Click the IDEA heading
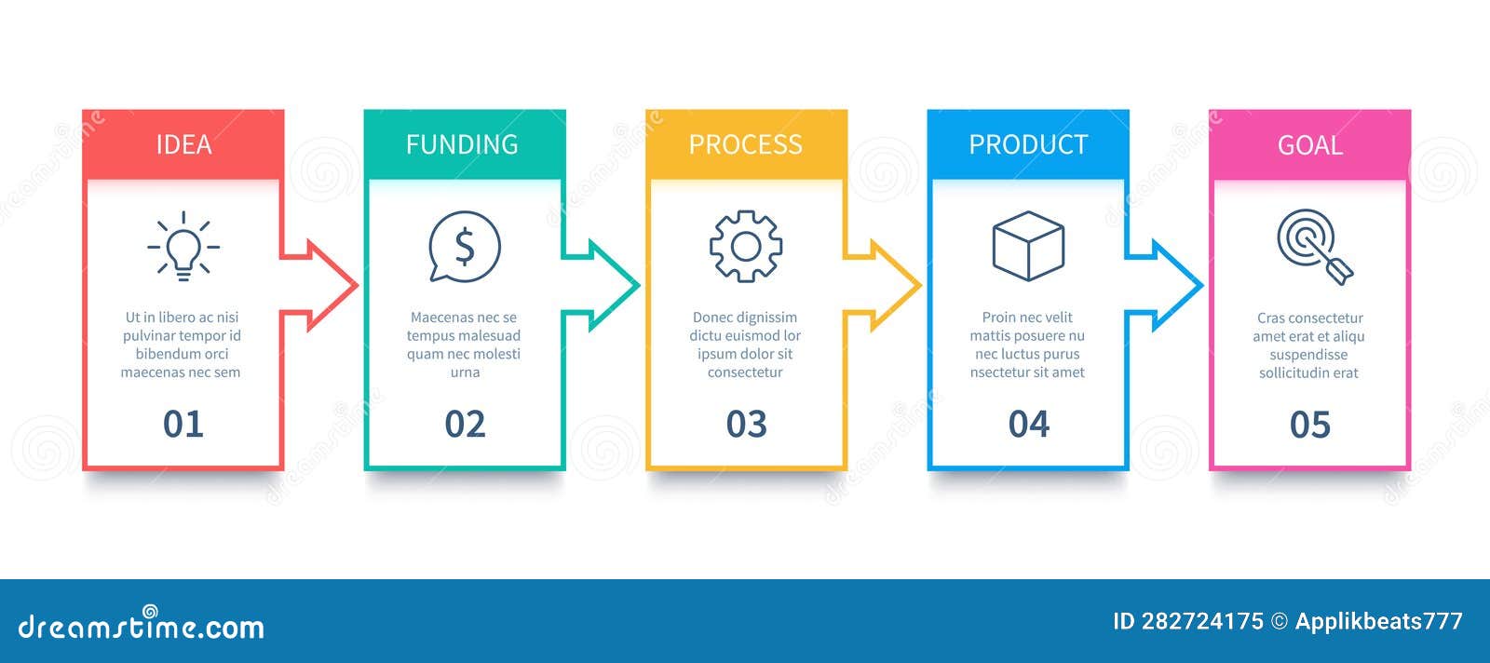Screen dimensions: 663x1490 [x=183, y=144]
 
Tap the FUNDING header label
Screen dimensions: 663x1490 [x=462, y=144]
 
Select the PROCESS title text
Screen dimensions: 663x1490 [x=745, y=144]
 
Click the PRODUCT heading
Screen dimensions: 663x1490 [x=1028, y=144]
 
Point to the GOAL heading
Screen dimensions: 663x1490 [x=1309, y=145]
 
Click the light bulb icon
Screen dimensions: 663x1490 [x=183, y=246]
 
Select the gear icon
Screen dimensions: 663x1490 [x=745, y=246]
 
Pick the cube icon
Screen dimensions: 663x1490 [x=1028, y=246]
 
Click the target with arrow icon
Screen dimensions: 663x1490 [x=1313, y=246]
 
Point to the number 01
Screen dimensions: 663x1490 [x=183, y=425]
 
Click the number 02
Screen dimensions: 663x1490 [x=465, y=425]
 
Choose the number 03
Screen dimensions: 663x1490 [x=746, y=425]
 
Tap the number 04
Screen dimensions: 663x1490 [x=1028, y=425]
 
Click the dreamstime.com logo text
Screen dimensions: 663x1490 [x=142, y=626]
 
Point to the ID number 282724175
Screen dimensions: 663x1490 [x=1201, y=621]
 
